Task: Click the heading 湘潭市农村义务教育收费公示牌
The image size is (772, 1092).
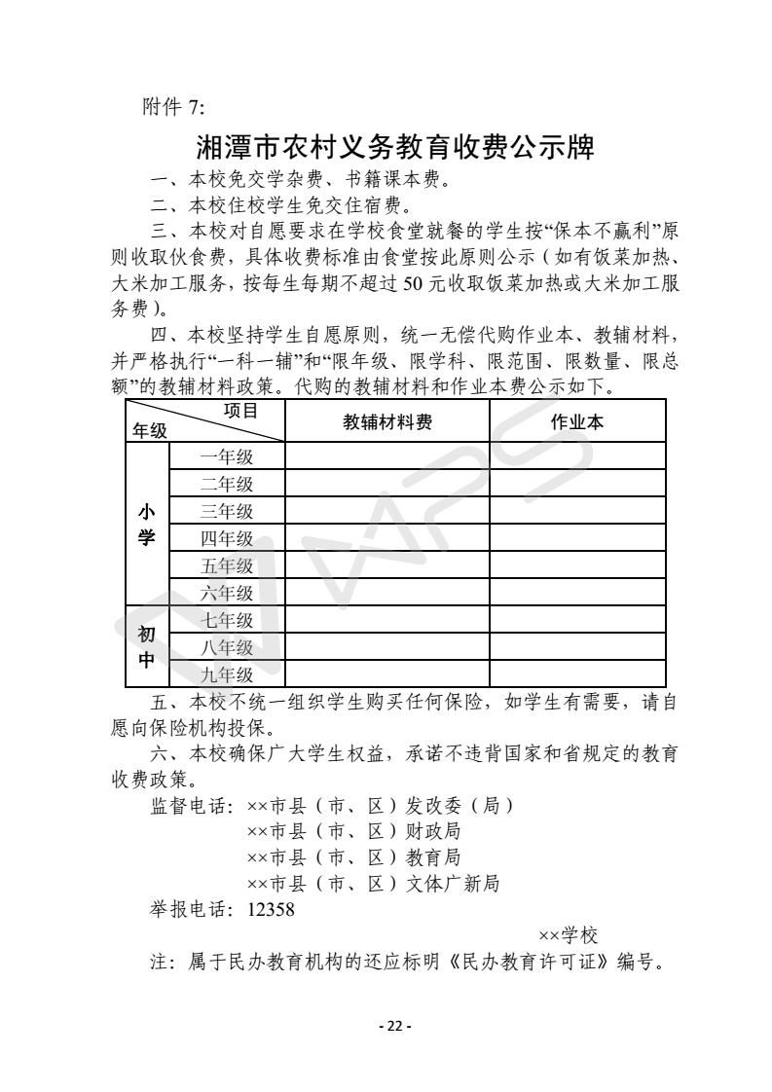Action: (x=395, y=148)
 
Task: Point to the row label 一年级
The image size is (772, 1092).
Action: (x=227, y=456)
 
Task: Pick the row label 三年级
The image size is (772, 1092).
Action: (x=227, y=511)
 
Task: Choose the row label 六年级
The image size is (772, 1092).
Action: (x=227, y=593)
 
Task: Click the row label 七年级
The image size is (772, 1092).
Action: (x=227, y=620)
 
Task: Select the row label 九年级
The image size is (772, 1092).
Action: (x=227, y=674)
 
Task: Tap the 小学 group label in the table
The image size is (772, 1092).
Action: (x=147, y=525)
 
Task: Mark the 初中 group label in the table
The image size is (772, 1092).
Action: (x=147, y=647)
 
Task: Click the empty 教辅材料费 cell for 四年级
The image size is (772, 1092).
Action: (x=387, y=538)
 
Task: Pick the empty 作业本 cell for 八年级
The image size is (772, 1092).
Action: (x=577, y=647)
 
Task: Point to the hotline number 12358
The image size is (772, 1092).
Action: (x=272, y=910)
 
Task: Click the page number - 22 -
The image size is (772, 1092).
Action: (x=395, y=1026)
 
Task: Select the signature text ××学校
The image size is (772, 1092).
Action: (x=568, y=936)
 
